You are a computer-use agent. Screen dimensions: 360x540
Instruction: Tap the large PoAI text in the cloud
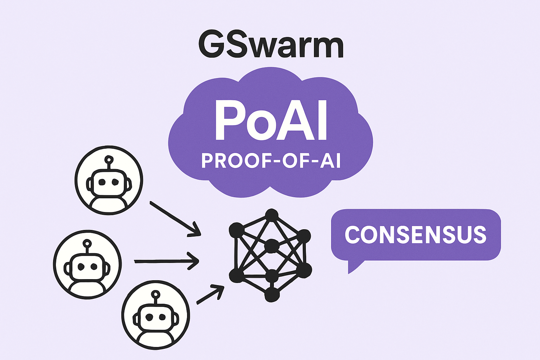tap(271, 120)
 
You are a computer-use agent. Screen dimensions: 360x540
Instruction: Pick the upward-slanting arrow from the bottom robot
tap(210, 294)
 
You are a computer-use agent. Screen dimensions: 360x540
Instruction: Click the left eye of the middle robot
tap(81, 267)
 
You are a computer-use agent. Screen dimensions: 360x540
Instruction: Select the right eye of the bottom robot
tap(162, 317)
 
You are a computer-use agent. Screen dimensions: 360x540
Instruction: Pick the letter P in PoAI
tap(229, 120)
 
